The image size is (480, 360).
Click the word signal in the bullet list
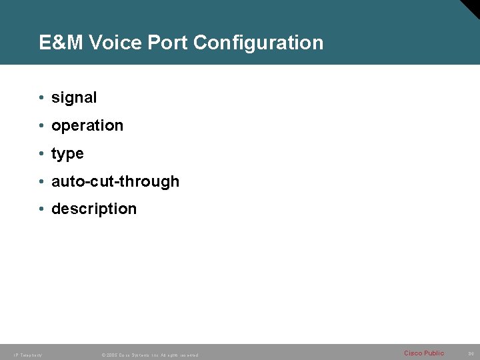pyautogui.click(x=74, y=98)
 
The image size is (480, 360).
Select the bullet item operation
pyautogui.click(x=87, y=126)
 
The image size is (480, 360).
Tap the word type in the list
pyautogui.click(x=67, y=154)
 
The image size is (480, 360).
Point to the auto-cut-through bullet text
pyautogui.click(x=115, y=181)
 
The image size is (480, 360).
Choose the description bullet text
pyautogui.click(x=94, y=209)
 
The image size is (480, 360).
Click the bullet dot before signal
pyautogui.click(x=41, y=98)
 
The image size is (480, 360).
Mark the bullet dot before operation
pyautogui.click(x=41, y=126)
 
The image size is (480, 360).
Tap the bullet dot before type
pyautogui.click(x=41, y=153)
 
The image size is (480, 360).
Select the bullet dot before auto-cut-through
pyautogui.click(x=41, y=181)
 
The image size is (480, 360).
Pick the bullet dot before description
pyautogui.click(x=41, y=209)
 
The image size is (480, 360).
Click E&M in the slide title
pyautogui.click(x=61, y=43)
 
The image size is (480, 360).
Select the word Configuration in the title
pyautogui.click(x=258, y=43)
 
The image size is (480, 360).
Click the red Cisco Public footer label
pyautogui.click(x=423, y=353)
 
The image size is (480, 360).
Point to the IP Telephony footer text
pyautogui.click(x=27, y=355)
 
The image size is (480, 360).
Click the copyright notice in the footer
pyautogui.click(x=149, y=355)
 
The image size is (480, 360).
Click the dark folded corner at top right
pyautogui.click(x=471, y=8)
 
